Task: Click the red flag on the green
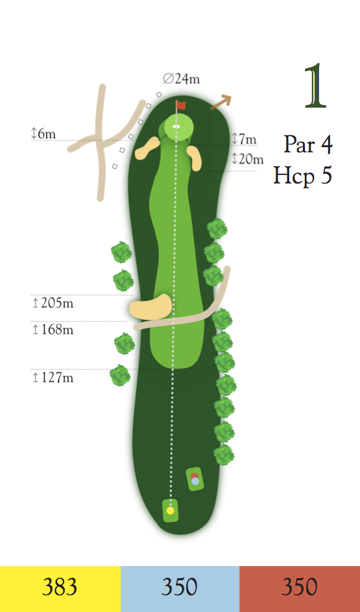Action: (181, 104)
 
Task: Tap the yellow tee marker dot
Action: (170, 510)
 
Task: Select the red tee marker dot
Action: (194, 476)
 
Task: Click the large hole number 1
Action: (315, 86)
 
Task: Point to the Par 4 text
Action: (308, 145)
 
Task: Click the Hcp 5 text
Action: (303, 175)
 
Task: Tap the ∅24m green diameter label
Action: (181, 79)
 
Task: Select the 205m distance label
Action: (53, 303)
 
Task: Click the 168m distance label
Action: (53, 330)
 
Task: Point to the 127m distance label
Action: (53, 378)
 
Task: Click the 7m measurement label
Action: (245, 139)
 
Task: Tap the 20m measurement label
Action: (248, 159)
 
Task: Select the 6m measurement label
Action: (43, 134)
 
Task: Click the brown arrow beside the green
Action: (221, 102)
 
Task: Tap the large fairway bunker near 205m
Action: (150, 307)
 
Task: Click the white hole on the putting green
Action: (176, 126)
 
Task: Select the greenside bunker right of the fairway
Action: (195, 158)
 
